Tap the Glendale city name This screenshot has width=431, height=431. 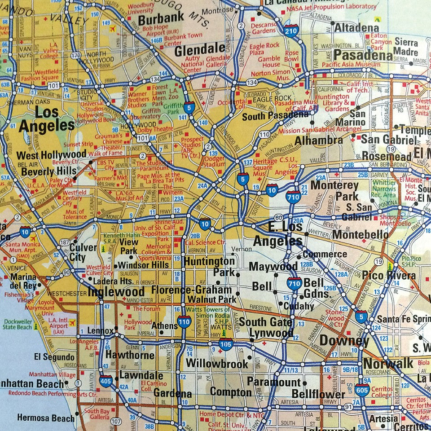coord(199,50)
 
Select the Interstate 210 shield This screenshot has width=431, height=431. coord(291,31)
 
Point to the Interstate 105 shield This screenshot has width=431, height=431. coord(226,344)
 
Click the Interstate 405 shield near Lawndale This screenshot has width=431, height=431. coord(106,382)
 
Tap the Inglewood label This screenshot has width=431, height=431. coord(116,292)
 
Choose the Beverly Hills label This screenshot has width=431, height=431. coord(49,171)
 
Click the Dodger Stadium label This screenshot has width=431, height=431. coord(214,162)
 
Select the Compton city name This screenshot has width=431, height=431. coord(231,392)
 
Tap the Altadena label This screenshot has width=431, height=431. coord(356,27)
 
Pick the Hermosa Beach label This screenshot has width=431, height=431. coord(46,418)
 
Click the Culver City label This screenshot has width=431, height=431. coord(83,252)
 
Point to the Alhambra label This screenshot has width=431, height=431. coord(318,141)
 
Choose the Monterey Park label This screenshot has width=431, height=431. coord(334,190)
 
